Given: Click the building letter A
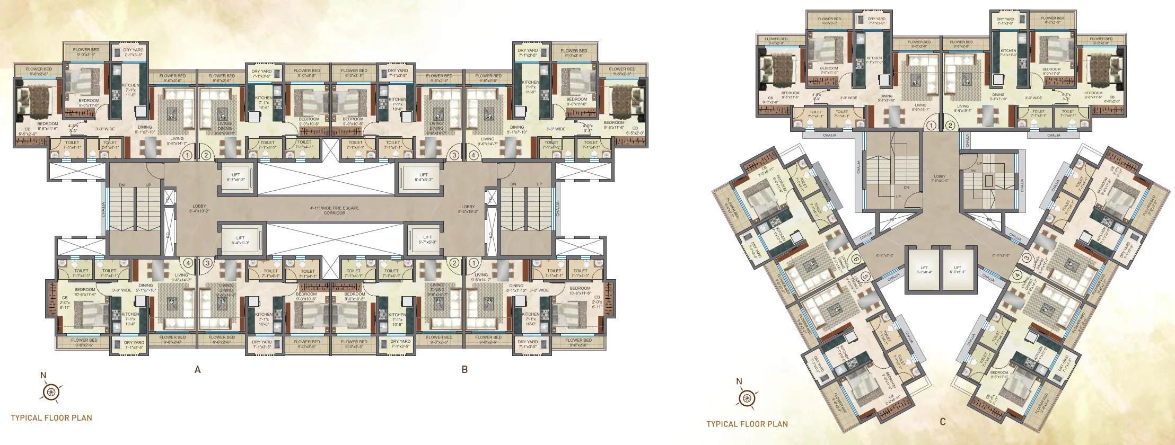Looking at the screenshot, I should click(x=198, y=370).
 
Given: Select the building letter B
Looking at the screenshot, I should click(x=464, y=370).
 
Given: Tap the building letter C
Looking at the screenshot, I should click(x=943, y=422).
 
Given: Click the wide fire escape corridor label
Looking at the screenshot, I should click(x=335, y=210).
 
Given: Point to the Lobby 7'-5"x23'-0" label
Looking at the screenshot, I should click(x=940, y=179).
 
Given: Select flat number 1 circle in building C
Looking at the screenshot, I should click(x=931, y=126).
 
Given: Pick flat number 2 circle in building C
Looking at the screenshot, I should click(x=950, y=126).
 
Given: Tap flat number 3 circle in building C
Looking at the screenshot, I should click(x=1027, y=259).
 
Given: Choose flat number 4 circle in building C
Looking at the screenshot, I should click(x=1017, y=275).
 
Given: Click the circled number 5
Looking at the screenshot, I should click(x=865, y=276).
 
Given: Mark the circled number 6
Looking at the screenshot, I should click(x=856, y=260).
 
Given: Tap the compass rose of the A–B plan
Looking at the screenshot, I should click(x=51, y=392).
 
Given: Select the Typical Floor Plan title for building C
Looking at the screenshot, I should click(x=747, y=424).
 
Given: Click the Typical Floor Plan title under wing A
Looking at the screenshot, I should click(x=51, y=417).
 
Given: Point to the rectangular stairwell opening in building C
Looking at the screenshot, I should click(x=988, y=181).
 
